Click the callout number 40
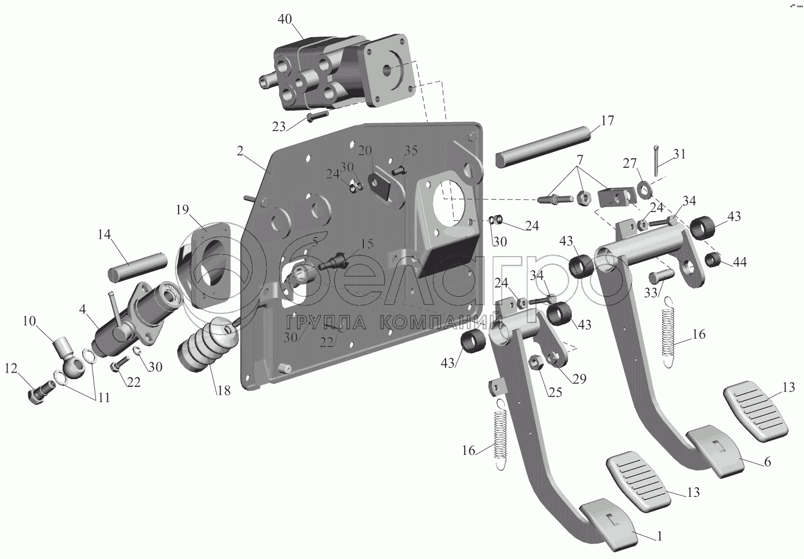tap(285, 19)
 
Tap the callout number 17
tap(607, 120)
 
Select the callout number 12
tap(11, 368)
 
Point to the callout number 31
tap(679, 154)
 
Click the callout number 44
tap(739, 262)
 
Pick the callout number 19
tap(182, 209)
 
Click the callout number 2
tap(240, 151)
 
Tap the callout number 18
tap(224, 391)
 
